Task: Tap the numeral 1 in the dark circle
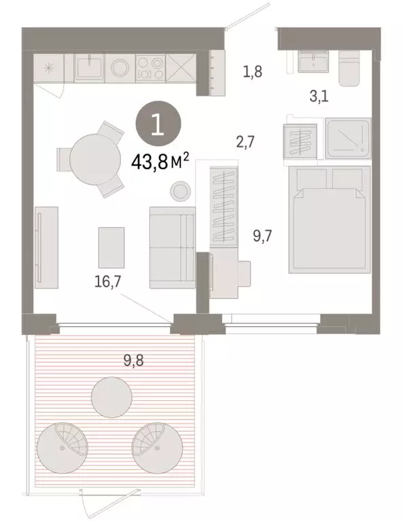(157, 124)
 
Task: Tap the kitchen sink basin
(88, 67)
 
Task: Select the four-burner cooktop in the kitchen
(150, 67)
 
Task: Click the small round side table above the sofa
(180, 191)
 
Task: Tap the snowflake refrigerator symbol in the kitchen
(49, 68)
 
